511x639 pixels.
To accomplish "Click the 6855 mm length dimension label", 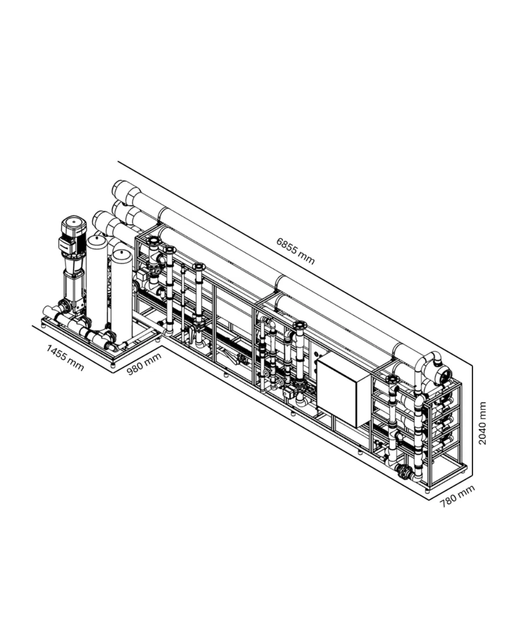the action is (x=295, y=251).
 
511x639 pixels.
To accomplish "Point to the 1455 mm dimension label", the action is (x=65, y=357).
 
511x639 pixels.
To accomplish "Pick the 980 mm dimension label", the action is (x=144, y=364).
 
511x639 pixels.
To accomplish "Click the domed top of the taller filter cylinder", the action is (x=97, y=240).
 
